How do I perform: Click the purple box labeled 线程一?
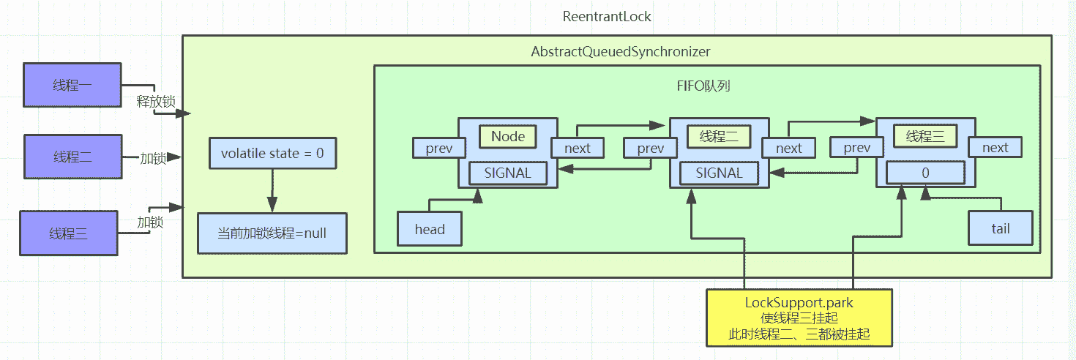click(72, 85)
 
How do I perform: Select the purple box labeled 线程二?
click(72, 157)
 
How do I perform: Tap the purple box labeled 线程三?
click(69, 233)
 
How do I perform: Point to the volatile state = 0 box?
click(272, 154)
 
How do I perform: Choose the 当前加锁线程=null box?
click(272, 233)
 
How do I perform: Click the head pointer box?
click(430, 229)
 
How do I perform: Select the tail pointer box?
click(1000, 228)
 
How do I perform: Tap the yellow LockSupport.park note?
click(799, 318)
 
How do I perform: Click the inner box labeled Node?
click(507, 136)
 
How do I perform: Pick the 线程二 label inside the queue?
click(718, 136)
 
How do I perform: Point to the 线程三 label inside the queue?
click(925, 136)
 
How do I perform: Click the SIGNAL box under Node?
click(509, 173)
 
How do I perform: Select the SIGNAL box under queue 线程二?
click(719, 173)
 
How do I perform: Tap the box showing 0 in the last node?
click(925, 173)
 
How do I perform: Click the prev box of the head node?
click(439, 149)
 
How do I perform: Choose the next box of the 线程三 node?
click(995, 148)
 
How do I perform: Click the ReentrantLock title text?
click(607, 16)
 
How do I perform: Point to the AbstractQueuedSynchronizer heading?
click(621, 52)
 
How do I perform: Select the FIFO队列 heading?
click(703, 86)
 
